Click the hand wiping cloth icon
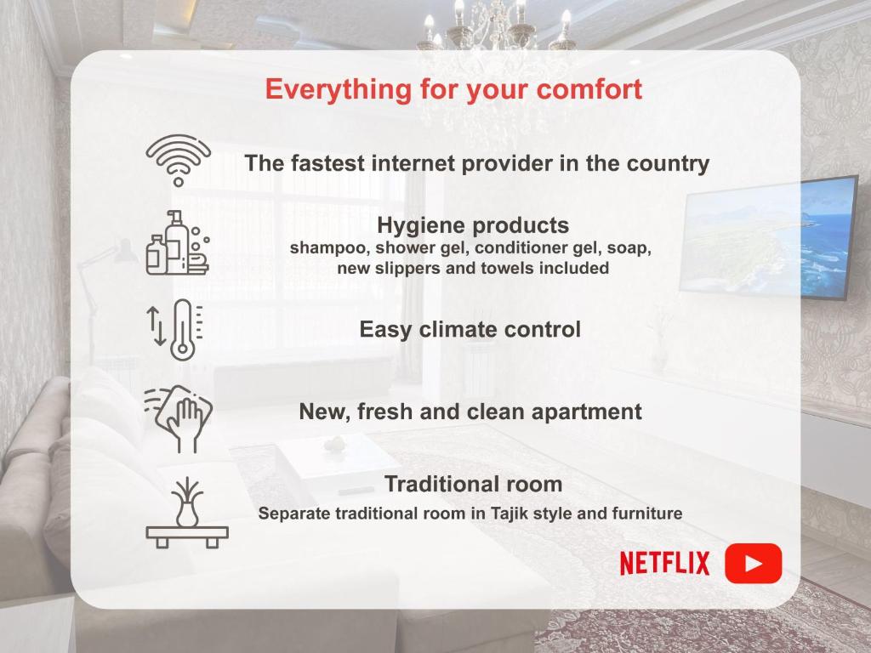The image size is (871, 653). [x=179, y=418]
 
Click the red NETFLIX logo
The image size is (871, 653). [x=665, y=563]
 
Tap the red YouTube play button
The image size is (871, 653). [x=754, y=563]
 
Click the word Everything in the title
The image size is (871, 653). [x=338, y=90]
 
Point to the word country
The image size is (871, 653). [x=668, y=164]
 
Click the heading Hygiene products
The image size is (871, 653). [x=473, y=226]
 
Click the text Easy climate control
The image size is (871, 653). [x=470, y=329]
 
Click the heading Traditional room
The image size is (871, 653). [x=473, y=484]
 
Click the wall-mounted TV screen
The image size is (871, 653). [x=768, y=239]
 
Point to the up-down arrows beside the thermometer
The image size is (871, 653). [x=157, y=326]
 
